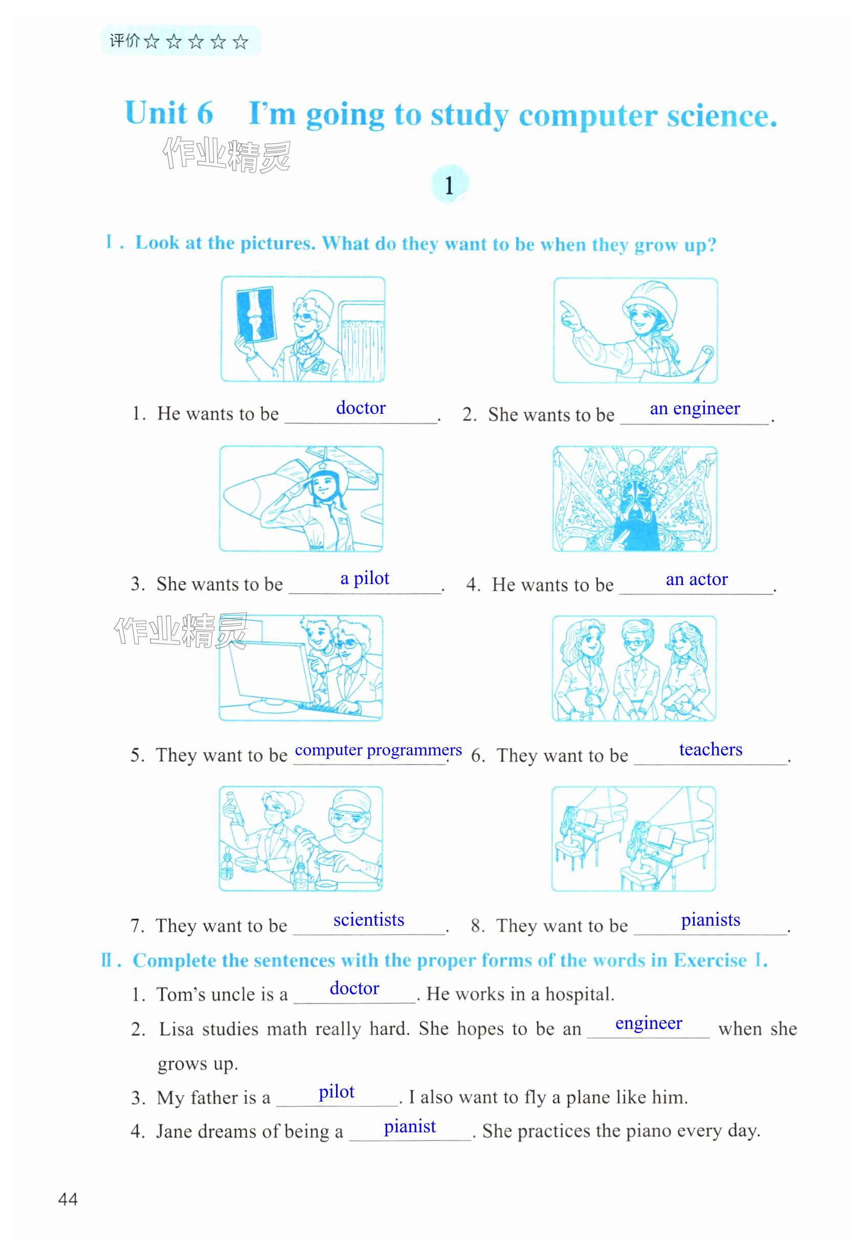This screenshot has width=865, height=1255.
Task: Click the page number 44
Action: (x=68, y=1199)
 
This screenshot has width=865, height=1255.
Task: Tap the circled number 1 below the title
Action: (x=449, y=184)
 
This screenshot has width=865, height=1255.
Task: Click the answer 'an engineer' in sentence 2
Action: (x=695, y=409)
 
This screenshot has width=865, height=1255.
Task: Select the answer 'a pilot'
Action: (x=365, y=579)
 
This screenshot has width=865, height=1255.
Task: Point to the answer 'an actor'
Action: (x=696, y=579)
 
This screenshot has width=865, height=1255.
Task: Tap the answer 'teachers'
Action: (x=711, y=749)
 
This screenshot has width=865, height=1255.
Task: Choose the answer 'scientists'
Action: (x=368, y=920)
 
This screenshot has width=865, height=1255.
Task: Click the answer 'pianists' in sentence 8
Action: (x=711, y=920)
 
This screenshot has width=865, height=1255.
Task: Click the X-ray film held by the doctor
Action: (x=256, y=315)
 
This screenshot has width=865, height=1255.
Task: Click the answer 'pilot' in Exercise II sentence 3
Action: (x=337, y=1091)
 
